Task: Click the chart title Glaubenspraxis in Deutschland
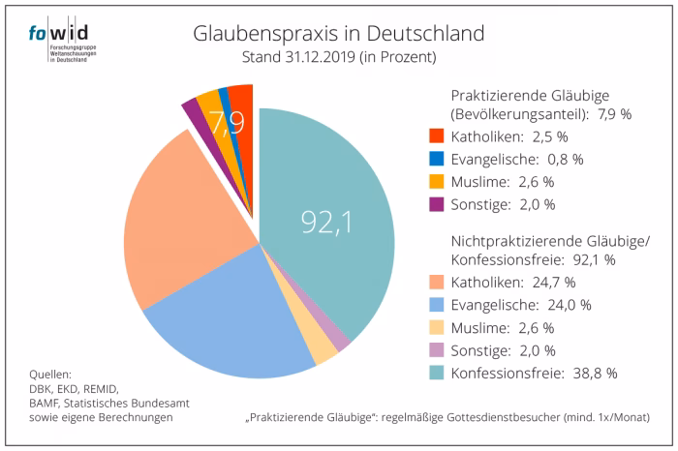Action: tap(338, 35)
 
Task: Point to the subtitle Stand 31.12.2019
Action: tap(338, 58)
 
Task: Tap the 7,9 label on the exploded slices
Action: tap(226, 125)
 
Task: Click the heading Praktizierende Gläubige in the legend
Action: tap(528, 95)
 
